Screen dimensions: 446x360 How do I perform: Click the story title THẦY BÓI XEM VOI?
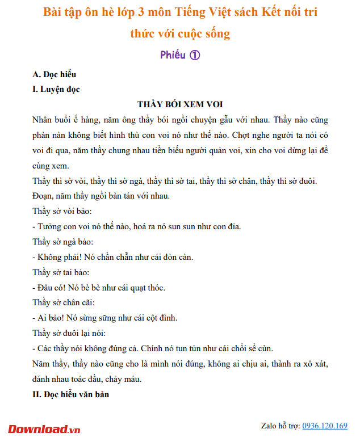click(x=180, y=104)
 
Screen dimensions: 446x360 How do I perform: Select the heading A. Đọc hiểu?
click(x=55, y=74)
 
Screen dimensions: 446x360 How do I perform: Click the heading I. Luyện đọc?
click(x=56, y=89)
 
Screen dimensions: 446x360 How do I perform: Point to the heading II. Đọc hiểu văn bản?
click(x=71, y=394)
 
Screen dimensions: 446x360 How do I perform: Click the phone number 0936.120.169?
click(x=324, y=426)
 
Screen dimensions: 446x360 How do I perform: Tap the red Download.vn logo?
click(x=44, y=429)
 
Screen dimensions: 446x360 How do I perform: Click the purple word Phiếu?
click(x=173, y=55)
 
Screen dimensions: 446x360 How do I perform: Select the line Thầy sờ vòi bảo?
click(x=62, y=211)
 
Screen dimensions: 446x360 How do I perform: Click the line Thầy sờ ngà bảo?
click(x=62, y=242)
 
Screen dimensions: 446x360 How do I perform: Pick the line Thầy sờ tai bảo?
click(x=62, y=272)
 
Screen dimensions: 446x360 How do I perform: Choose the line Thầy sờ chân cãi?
click(x=64, y=303)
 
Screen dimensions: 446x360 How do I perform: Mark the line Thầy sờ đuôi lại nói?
click(x=69, y=333)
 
